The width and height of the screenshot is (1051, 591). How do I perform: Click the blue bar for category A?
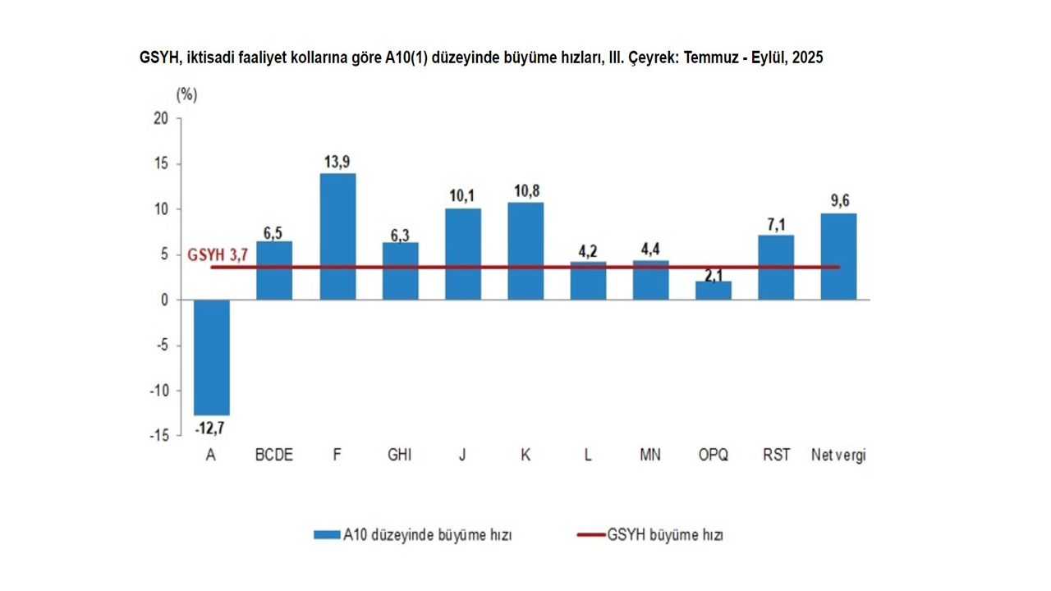point(211,357)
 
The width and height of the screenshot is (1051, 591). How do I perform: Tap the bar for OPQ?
point(713,291)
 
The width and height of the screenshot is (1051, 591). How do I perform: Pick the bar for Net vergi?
point(838,256)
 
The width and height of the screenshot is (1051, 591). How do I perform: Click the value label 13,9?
point(337,162)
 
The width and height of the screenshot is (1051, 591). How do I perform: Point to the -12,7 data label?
point(210,428)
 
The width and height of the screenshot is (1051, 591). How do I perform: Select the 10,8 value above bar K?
point(525,191)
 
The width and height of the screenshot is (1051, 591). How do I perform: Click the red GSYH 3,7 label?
point(218,255)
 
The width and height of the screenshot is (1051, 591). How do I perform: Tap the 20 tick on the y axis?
point(160,118)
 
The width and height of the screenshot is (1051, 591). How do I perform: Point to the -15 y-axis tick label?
point(158,436)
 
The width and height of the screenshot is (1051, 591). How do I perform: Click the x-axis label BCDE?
point(274,455)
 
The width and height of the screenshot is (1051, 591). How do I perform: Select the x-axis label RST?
point(776,455)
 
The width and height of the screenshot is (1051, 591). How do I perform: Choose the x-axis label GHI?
point(400,455)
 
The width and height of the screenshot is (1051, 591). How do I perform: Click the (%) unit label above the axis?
point(186,94)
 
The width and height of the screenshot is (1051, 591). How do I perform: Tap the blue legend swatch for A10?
point(327,535)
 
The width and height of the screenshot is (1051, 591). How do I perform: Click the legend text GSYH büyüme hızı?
point(665,535)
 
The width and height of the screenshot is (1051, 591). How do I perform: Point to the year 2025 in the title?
point(807,58)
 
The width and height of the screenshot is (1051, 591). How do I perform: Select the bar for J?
point(463,254)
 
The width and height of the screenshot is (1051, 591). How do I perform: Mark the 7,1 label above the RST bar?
point(776,225)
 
